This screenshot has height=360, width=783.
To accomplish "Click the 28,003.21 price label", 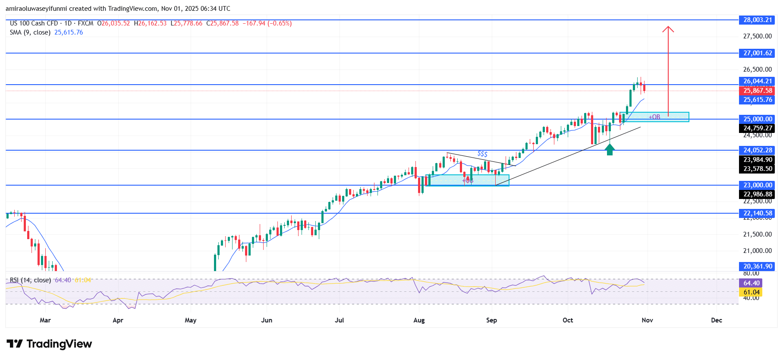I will (x=757, y=20).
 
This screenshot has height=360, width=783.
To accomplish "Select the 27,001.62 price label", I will (x=757, y=53).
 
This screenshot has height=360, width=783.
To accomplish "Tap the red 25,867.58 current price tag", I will (x=757, y=91).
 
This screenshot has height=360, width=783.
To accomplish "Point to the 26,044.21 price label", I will (x=757, y=81).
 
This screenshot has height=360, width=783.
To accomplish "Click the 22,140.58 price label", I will (x=757, y=213).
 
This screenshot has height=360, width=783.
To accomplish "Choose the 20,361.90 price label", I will (x=757, y=266).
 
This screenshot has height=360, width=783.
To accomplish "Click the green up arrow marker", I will (x=610, y=149).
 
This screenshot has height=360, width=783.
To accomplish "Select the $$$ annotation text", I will (x=482, y=154).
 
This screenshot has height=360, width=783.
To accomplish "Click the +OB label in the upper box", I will (x=654, y=117).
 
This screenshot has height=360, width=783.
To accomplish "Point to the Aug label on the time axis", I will (x=419, y=320).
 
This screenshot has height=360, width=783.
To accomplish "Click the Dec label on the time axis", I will (x=717, y=320).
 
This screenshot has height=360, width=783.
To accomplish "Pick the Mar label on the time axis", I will (x=45, y=320).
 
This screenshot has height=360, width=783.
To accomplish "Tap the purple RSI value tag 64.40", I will (x=751, y=283).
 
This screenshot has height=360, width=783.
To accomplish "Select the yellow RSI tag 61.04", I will (x=751, y=292).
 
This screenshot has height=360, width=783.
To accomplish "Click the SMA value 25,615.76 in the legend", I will (x=69, y=32).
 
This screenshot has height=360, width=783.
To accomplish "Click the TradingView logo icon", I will (x=15, y=344).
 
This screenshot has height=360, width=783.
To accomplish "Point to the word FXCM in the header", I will (x=85, y=23).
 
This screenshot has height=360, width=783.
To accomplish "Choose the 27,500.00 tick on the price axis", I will (x=757, y=36).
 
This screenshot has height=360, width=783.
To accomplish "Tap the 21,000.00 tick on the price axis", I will (x=757, y=251).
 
